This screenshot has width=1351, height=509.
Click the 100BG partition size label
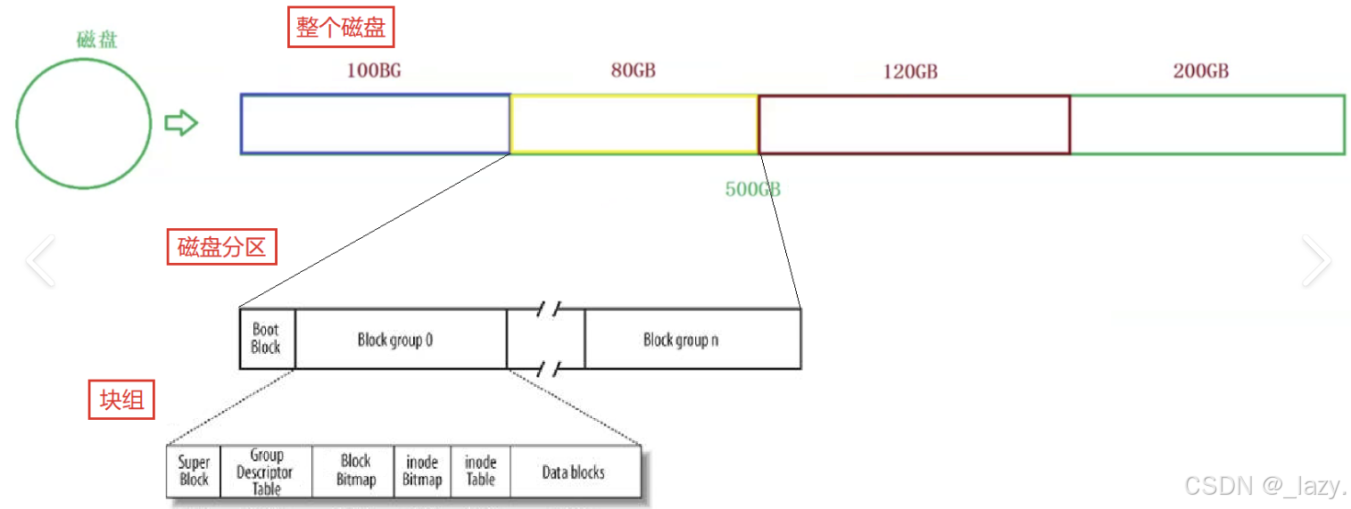373,70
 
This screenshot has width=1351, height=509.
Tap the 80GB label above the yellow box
633,70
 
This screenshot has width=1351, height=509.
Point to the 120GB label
910,71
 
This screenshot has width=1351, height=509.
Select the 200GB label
1201,71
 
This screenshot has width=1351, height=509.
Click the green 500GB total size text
753,189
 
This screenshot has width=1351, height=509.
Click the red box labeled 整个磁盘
341,27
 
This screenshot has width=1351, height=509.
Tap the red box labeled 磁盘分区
222,247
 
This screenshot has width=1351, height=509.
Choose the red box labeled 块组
121,399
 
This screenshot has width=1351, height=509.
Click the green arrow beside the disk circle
181,123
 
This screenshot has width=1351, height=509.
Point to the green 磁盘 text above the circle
96,40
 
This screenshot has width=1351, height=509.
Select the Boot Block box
267,339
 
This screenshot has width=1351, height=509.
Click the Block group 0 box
401,339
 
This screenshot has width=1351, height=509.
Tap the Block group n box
693,339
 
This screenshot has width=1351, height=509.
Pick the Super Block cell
194,472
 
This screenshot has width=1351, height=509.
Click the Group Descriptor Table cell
266,472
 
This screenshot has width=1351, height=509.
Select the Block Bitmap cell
352,472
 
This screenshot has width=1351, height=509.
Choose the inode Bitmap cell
422,472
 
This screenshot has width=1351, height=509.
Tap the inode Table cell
480,472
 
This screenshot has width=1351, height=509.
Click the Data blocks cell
576,472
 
